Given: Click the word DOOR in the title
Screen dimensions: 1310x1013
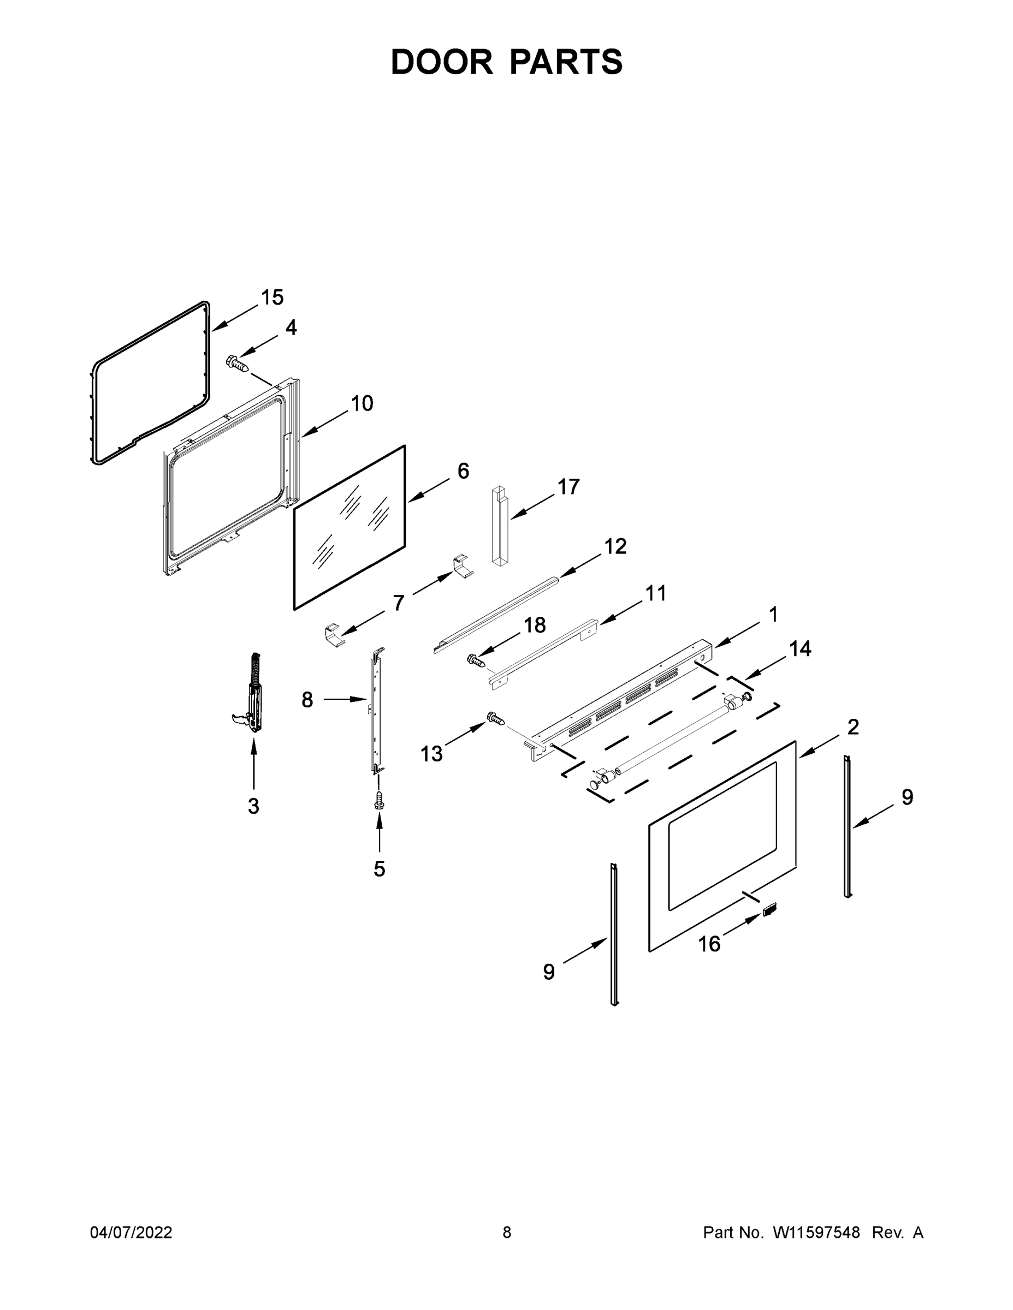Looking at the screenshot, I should coord(441,62).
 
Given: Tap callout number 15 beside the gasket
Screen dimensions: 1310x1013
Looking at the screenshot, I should coord(272,297).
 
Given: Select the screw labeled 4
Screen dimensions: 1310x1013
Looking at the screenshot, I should coord(236,363).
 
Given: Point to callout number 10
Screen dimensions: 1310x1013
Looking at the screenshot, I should coord(362,404).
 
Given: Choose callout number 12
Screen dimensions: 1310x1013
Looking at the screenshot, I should coord(615,546).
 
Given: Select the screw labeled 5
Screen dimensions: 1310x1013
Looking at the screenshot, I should coord(378,800).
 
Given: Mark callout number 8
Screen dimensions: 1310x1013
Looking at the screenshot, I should coord(307,699).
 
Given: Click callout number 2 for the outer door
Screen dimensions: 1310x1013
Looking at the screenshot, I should coord(853,727).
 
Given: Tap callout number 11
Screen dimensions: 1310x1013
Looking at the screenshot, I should coord(655,594).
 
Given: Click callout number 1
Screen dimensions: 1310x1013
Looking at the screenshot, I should coord(773,615).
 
